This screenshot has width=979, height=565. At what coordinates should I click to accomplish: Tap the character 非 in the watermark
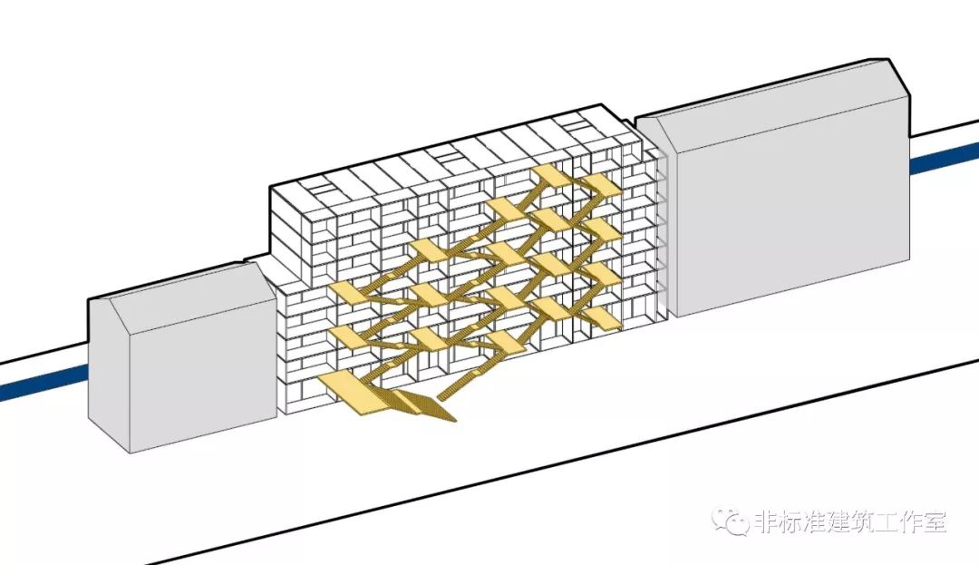(x=768, y=521)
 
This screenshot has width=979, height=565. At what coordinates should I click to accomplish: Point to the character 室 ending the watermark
(x=934, y=521)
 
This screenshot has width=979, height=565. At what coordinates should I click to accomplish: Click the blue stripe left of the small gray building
(x=44, y=382)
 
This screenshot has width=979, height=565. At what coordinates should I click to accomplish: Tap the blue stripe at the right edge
(x=944, y=161)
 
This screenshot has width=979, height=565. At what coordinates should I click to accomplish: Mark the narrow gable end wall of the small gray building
(x=109, y=369)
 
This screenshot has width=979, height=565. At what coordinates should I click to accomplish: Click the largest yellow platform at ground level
(x=354, y=392)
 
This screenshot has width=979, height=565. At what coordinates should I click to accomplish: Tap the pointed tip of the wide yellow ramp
(x=454, y=421)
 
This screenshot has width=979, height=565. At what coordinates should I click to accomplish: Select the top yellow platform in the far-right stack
(x=600, y=184)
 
